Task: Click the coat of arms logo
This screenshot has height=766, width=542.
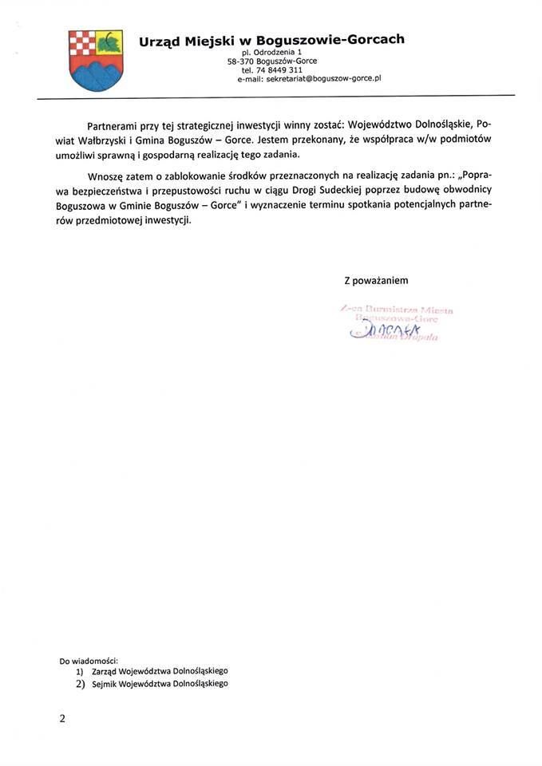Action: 96,60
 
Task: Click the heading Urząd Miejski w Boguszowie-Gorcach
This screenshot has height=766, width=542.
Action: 271,40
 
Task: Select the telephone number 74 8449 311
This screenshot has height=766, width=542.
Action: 279,70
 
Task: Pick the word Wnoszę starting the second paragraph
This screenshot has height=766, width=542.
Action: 107,176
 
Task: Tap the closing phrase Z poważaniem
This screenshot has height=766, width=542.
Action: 376,280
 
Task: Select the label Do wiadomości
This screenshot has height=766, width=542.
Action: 89,661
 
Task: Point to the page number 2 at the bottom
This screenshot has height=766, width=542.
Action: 62,718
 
